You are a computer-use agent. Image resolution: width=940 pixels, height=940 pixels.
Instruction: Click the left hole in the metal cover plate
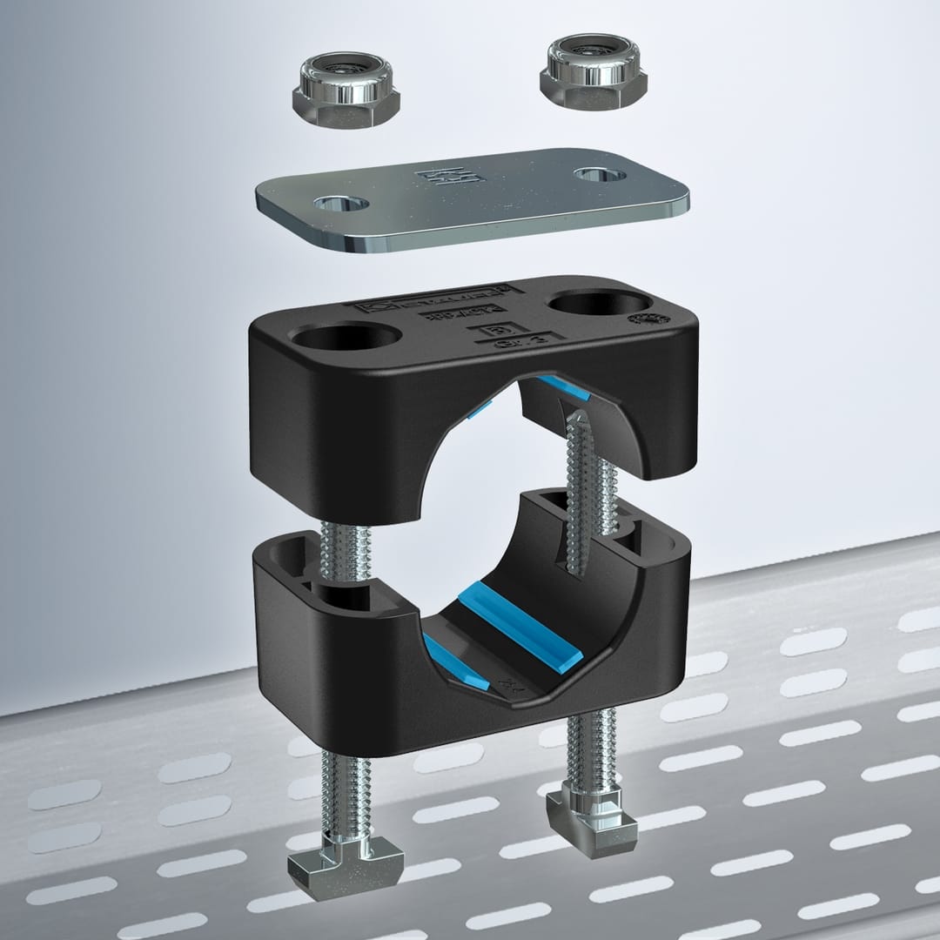339,205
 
